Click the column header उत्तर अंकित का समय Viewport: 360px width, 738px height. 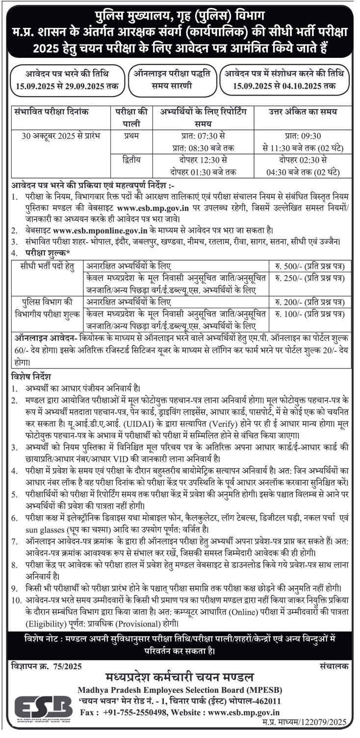point(303,112)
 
